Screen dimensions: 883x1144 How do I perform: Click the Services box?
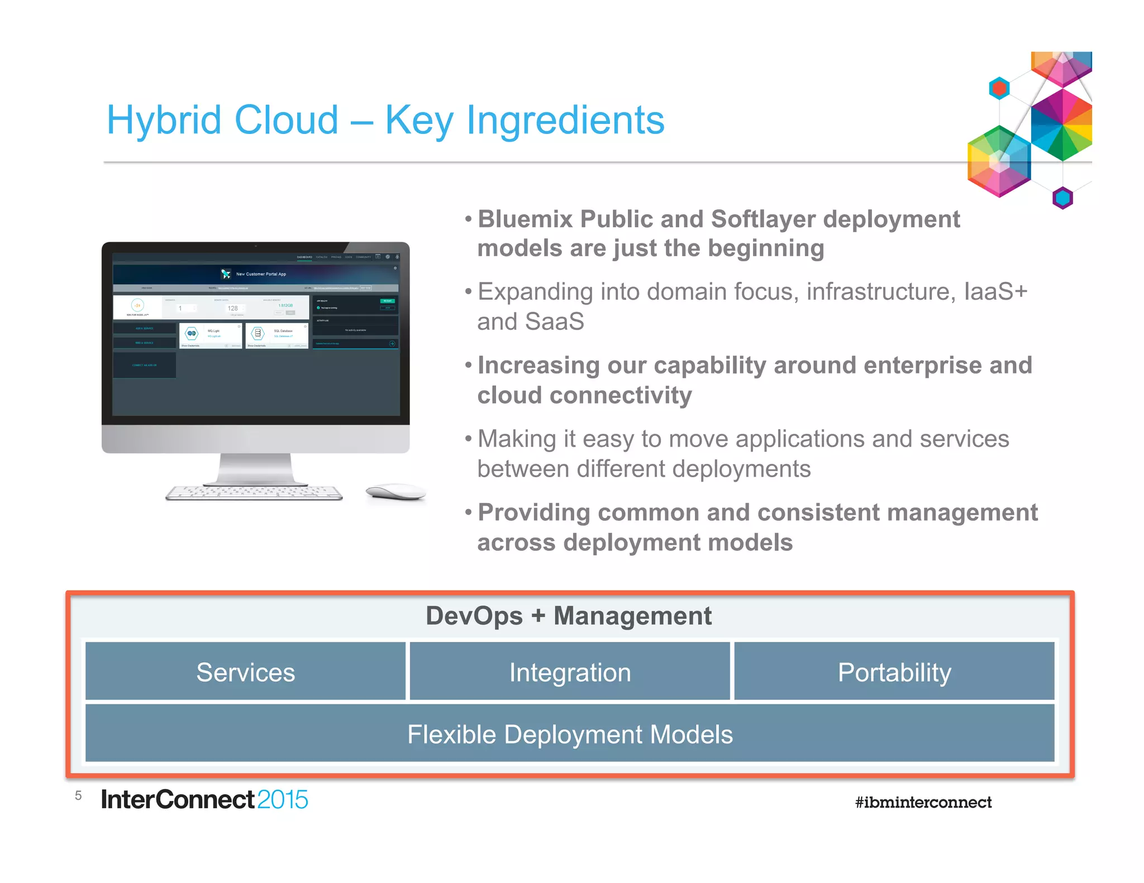point(245,671)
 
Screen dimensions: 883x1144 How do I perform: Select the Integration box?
point(570,671)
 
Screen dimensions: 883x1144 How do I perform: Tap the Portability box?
point(894,671)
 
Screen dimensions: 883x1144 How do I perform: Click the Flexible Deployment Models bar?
point(570,733)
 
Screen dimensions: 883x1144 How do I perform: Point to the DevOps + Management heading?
point(568,616)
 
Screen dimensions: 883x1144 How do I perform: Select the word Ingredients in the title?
point(565,121)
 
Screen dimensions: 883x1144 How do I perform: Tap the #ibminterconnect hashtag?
point(923,802)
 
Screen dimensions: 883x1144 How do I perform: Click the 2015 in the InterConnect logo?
point(283,799)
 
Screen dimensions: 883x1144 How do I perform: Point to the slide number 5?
point(78,795)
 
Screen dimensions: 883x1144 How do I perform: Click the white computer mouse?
point(395,492)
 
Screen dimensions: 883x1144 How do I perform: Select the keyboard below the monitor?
point(254,492)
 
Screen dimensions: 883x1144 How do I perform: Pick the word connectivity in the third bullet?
point(621,395)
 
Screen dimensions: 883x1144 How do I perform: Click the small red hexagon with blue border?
point(999,88)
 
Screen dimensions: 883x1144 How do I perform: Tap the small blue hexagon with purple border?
point(1062,198)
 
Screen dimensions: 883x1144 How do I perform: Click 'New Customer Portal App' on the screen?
point(261,274)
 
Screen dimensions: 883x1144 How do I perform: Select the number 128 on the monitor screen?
point(233,308)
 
